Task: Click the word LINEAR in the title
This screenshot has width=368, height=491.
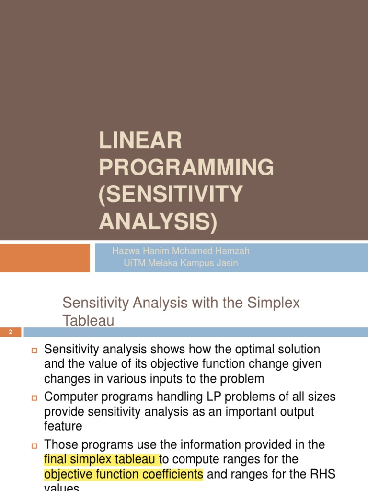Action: point(140,140)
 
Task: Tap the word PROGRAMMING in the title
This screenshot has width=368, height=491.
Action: point(186,167)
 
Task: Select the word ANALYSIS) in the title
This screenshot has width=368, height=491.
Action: point(158,222)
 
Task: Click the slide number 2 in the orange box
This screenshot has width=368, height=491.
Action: point(10,332)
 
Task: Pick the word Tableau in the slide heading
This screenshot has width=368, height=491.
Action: point(88,321)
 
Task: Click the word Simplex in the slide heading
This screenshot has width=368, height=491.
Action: point(274,303)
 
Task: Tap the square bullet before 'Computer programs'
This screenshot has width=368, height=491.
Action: point(34,397)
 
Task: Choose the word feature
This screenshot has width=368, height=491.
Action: point(63,426)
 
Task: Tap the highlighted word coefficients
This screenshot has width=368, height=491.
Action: point(173,475)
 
